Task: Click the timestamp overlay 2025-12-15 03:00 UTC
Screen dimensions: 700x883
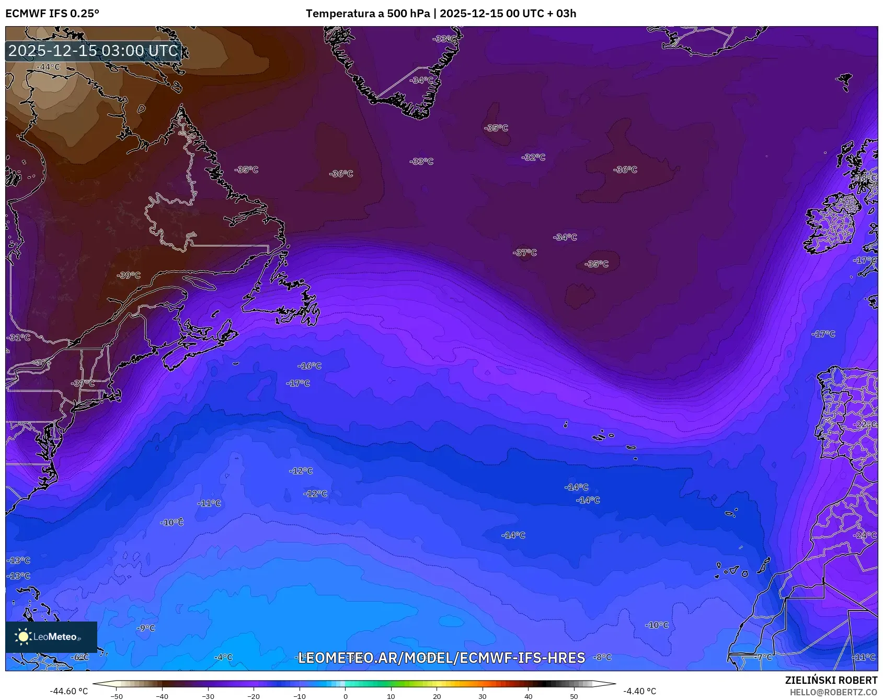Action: [93, 51]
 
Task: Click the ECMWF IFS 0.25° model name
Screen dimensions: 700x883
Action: [52, 14]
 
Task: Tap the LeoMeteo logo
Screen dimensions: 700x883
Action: [51, 637]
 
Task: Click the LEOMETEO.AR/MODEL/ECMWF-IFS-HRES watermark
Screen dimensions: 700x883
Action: [441, 658]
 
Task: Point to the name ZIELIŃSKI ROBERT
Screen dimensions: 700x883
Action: [831, 680]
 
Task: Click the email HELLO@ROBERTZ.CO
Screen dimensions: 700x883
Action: [833, 692]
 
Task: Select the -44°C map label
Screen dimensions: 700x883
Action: [48, 67]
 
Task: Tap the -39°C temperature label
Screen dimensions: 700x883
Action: [129, 275]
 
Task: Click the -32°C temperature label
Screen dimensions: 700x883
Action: [533, 157]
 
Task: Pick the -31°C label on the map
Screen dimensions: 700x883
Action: [18, 337]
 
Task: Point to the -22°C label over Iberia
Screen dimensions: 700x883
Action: [865, 424]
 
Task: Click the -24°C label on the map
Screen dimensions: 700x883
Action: [865, 535]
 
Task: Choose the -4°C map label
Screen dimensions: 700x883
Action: [223, 657]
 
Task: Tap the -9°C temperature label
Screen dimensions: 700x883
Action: [146, 628]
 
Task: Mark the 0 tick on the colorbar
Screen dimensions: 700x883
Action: [345, 696]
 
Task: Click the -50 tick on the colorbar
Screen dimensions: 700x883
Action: [117, 696]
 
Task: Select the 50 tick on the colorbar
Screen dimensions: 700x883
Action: [574, 696]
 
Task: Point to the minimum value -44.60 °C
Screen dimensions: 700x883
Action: [68, 691]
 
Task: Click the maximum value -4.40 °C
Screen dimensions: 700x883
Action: [639, 691]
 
